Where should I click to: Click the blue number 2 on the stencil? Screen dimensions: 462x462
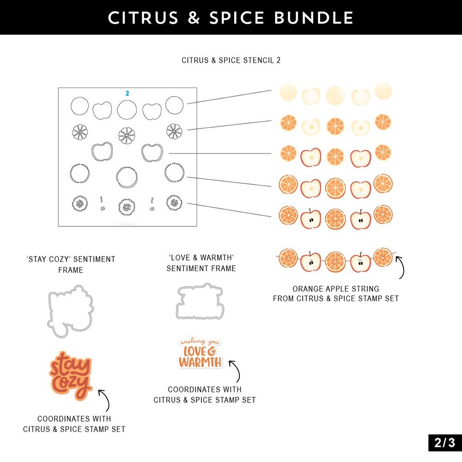click(127, 93)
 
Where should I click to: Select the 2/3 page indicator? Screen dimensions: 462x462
click(444, 443)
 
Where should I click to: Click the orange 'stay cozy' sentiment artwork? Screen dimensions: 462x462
click(71, 375)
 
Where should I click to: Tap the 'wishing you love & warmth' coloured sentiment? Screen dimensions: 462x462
click(200, 353)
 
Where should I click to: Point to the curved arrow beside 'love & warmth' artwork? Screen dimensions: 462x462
click(236, 371)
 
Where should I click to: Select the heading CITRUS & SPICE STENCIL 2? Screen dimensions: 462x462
click(231, 61)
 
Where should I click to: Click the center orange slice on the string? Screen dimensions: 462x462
click(335, 261)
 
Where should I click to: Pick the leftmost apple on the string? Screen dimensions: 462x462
click(310, 261)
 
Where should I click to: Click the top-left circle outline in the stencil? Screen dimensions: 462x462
click(79, 106)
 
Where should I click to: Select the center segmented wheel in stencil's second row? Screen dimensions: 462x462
click(127, 134)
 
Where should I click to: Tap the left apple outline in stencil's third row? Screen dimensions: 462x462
click(102, 152)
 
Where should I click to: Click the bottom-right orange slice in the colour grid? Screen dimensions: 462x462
click(383, 215)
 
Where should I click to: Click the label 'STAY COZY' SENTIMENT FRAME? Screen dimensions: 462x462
click(71, 264)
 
